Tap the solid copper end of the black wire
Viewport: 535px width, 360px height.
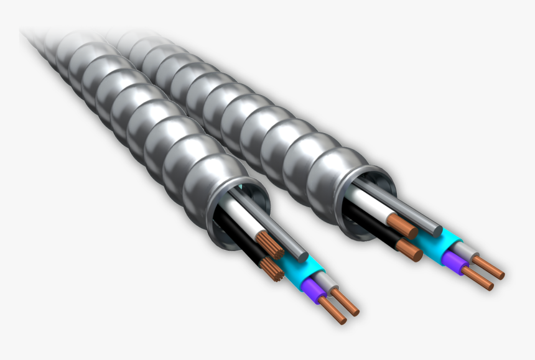409,250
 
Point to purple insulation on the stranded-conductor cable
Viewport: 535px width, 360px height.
312,288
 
